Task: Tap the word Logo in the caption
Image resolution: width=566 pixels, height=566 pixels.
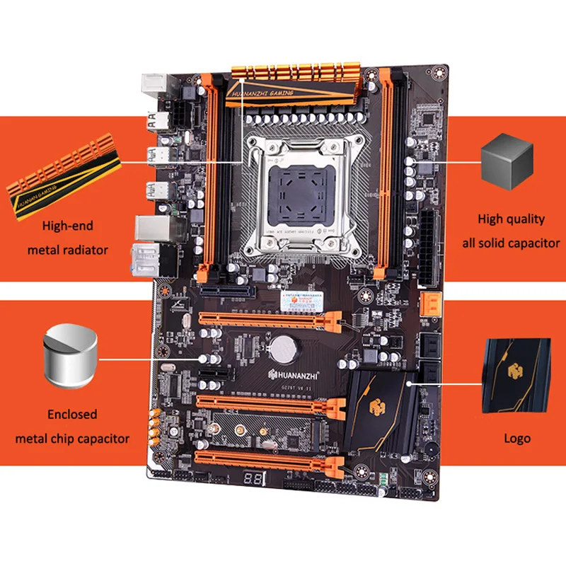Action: [x=517, y=438]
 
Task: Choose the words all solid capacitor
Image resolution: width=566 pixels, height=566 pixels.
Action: [x=512, y=243]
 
